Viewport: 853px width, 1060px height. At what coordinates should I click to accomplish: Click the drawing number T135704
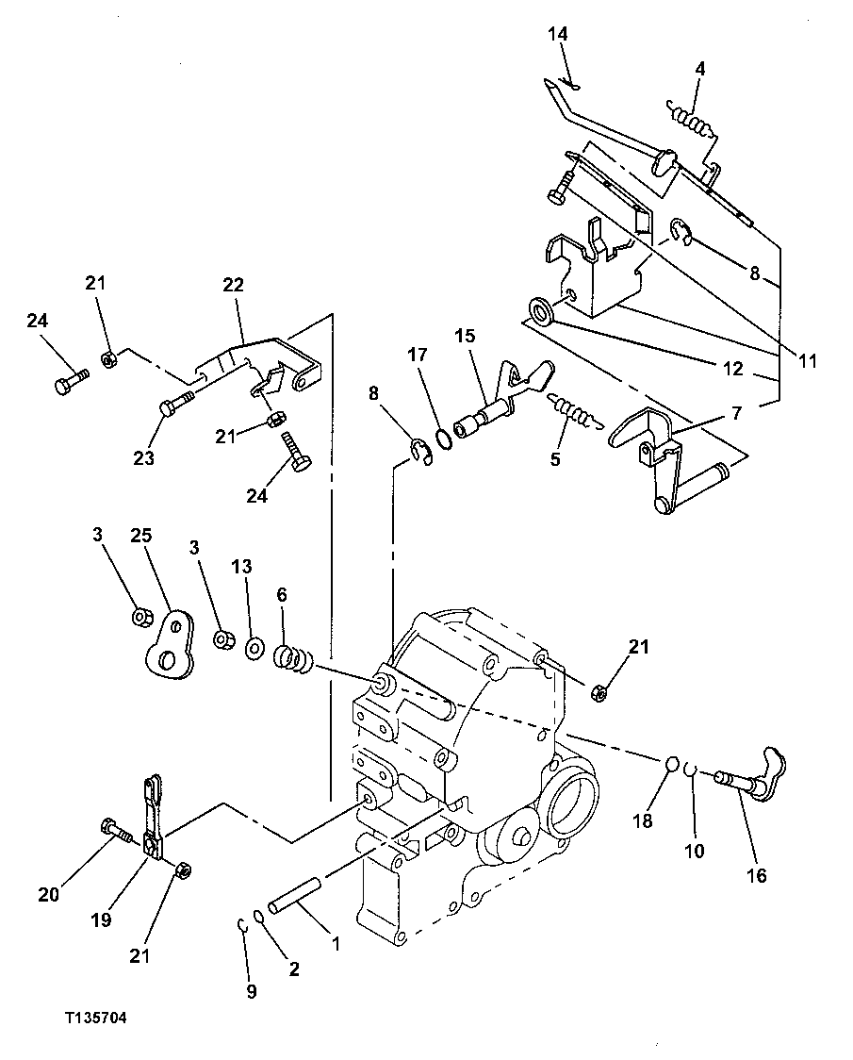point(95,1019)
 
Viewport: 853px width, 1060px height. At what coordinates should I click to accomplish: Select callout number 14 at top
point(559,35)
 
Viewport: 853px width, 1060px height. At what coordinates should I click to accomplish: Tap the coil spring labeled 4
point(690,118)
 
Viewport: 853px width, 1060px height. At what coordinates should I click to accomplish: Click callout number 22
point(233,284)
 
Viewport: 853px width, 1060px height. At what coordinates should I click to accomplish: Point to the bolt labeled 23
point(174,406)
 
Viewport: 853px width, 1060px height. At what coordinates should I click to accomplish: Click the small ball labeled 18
point(671,764)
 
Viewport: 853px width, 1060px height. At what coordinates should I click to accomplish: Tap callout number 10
point(695,850)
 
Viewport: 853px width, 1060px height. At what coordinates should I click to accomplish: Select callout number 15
point(465,337)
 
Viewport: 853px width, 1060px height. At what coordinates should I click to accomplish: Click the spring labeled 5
point(572,412)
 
